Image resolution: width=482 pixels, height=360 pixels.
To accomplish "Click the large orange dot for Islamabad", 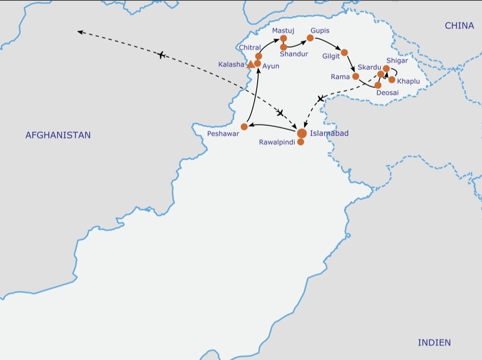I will pos(302,133).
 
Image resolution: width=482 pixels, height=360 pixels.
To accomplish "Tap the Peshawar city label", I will pos(223,134).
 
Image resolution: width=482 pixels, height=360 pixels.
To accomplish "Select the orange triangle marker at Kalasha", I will pos(251,65).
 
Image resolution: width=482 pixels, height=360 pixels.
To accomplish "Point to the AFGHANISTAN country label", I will pos(58,135).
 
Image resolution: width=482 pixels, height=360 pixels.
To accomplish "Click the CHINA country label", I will pos(459,26).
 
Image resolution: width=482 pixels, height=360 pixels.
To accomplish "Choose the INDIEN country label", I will pos(434,342).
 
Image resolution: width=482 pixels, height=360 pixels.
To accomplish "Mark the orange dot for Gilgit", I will pos(344,53).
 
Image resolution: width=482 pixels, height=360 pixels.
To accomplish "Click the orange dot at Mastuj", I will pos(283,38).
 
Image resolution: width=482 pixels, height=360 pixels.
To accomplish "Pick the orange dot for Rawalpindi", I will pos(300,142).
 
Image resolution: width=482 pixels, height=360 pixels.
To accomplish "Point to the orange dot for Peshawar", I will pos(244,127).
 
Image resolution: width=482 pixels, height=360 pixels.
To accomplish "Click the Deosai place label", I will pos(387,92).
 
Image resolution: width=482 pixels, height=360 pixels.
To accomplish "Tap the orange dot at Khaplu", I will pos(392,80).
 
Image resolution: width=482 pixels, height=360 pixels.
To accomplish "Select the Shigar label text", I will pos(397,60).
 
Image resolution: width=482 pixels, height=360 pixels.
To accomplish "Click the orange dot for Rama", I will pos(356,76).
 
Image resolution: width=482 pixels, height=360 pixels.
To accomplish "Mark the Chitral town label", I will pos(249,48).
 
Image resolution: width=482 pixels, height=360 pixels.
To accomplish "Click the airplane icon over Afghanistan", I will pos(161,55).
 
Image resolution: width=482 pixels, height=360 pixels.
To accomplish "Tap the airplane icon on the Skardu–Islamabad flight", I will pos(321,98).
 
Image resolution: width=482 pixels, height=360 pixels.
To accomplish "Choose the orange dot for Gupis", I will pos(310,38).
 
